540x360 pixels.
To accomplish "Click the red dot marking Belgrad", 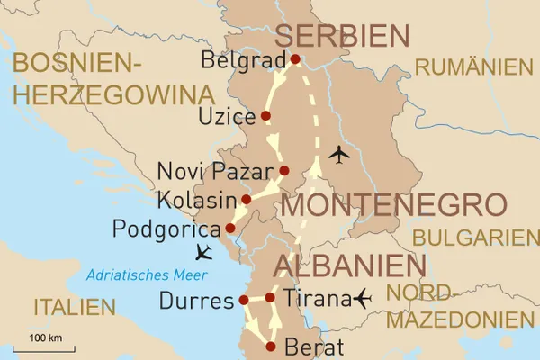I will coord(294,60).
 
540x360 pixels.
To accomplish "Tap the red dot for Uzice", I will coord(265,116).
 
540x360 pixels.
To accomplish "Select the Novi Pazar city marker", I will coord(283,170).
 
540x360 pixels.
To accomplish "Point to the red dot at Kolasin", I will coord(246,199).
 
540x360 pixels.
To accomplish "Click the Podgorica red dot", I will coord(229,228).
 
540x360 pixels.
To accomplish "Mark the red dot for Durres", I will coord(243,301).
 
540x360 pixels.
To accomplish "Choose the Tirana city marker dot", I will coord(270,297).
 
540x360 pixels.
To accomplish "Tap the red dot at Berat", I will coord(270,345).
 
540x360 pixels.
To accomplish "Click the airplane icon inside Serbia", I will coord(339,155).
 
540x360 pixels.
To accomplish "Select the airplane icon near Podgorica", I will coord(204,251).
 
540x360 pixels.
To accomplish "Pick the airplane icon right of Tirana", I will coord(364,296).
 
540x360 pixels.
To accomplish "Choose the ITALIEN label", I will coord(76,307).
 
